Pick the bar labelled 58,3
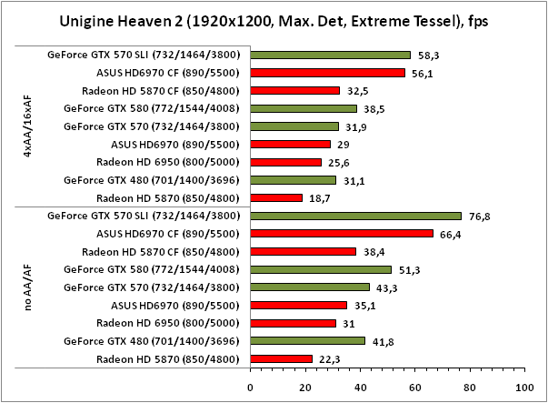click(x=330, y=55)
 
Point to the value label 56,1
click(x=422, y=73)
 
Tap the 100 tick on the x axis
click(x=522, y=388)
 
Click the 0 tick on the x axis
click(x=250, y=388)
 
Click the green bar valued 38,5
click(x=302, y=108)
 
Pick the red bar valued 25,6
click(x=284, y=162)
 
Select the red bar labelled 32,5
click(x=294, y=91)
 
